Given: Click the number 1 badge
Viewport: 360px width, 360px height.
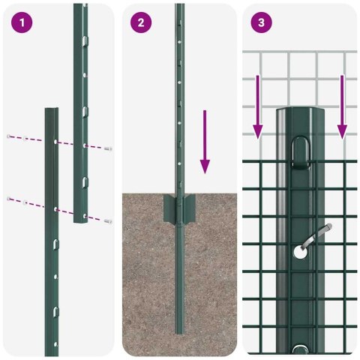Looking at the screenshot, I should (x=22, y=22).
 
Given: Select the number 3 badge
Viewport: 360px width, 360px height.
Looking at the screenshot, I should (x=260, y=22).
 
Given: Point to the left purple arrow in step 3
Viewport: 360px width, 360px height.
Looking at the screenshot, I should (x=257, y=106).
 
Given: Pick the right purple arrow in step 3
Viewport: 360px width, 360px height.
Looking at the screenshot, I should (x=342, y=106).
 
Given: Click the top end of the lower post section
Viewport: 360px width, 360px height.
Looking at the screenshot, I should (x=51, y=110).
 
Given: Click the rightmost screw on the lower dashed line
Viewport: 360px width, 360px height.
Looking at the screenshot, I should (x=109, y=221).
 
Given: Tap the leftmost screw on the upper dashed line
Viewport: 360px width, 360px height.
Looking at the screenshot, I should (x=8, y=136).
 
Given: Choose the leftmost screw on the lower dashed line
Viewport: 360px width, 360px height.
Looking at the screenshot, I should (x=8, y=198).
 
